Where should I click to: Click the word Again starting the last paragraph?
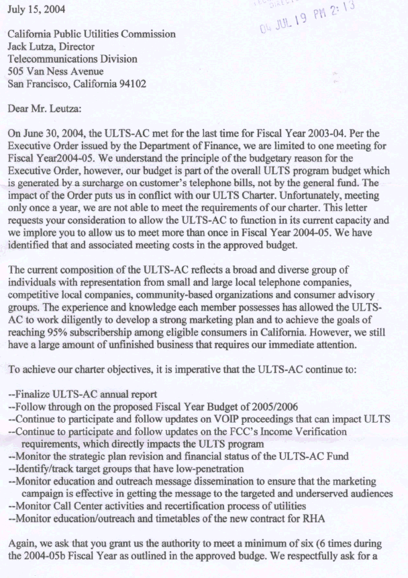tap(23, 534)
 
